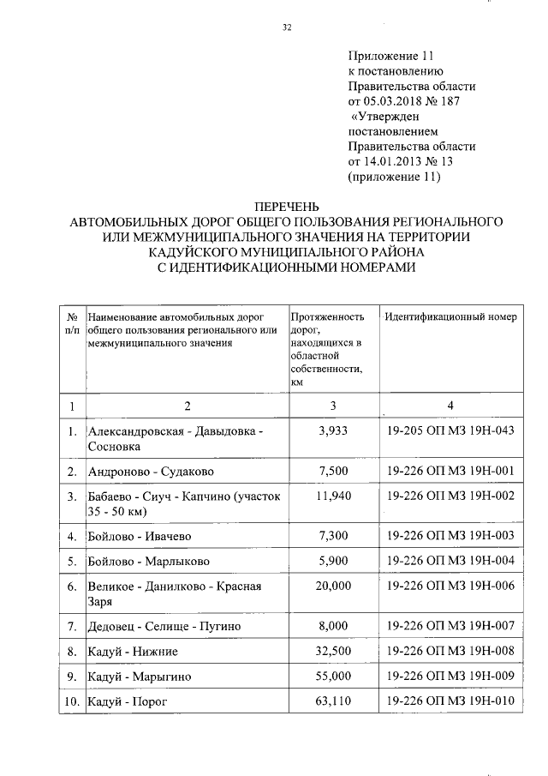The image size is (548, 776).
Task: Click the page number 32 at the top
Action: [288, 28]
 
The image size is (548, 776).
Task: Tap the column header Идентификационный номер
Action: [450, 317]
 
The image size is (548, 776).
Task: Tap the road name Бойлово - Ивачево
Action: [139, 536]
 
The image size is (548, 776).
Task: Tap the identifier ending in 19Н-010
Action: [450, 703]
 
